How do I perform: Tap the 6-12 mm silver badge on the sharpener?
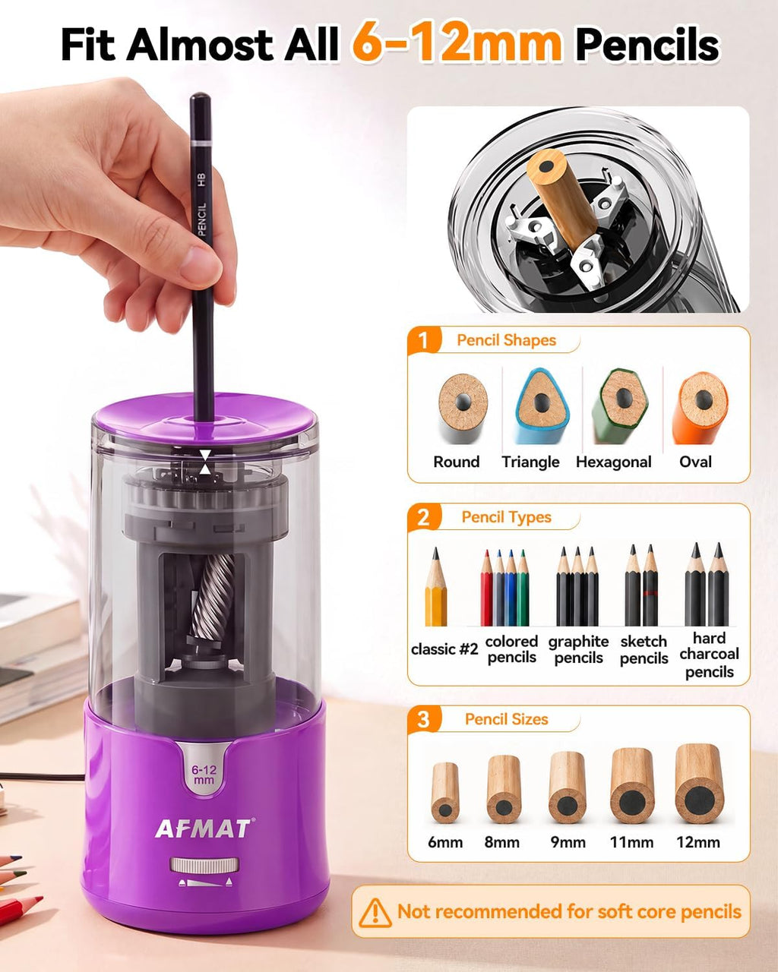tap(204, 775)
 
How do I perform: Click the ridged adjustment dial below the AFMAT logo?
tap(204, 865)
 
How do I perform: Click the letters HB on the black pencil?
tap(201, 180)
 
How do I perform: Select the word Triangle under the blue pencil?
tap(530, 462)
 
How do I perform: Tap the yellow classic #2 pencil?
tap(436, 586)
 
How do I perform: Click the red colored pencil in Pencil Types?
tap(486, 588)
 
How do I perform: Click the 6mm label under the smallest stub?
tap(445, 842)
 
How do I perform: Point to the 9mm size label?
tap(568, 842)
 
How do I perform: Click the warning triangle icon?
tap(375, 912)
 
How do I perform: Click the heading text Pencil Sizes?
tap(506, 720)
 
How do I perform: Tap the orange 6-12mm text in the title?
tap(457, 44)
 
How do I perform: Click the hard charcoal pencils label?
tap(709, 655)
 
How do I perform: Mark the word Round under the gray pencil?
tap(456, 462)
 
